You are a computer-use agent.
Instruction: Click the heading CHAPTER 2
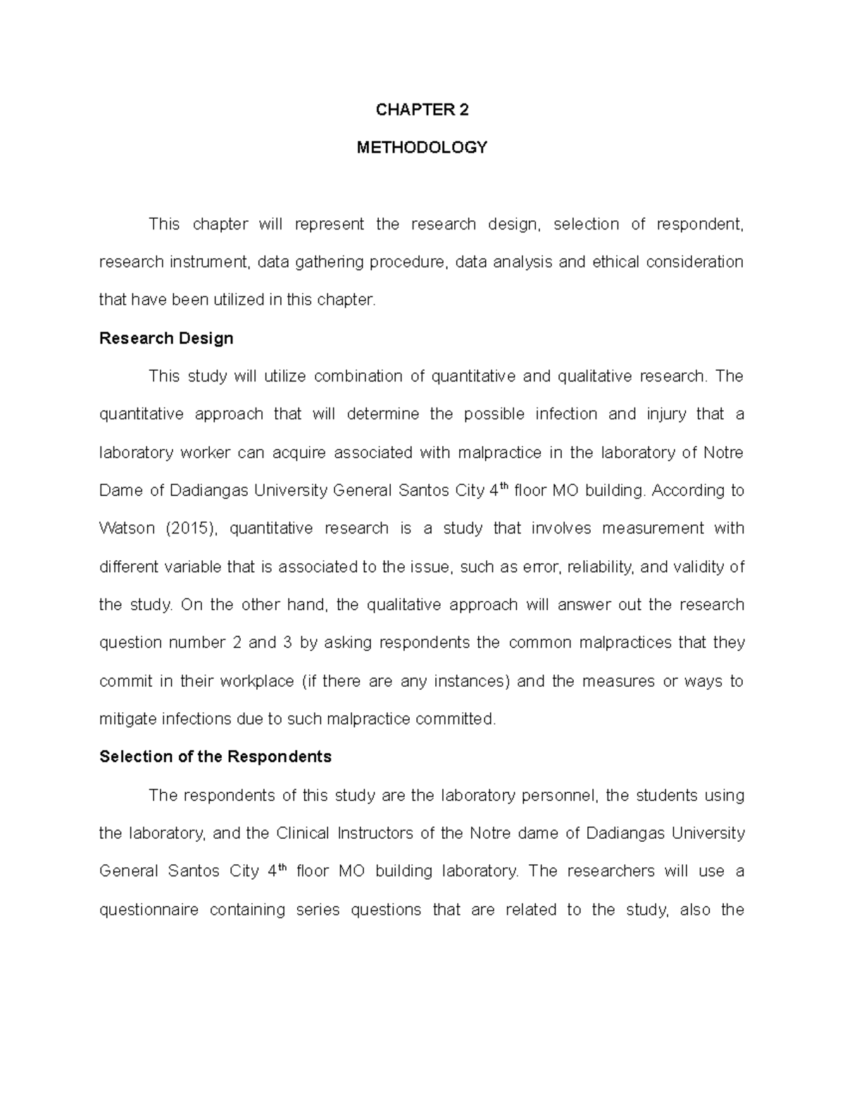point(422,110)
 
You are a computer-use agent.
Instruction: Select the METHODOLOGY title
point(422,148)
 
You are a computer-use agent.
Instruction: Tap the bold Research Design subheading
point(166,339)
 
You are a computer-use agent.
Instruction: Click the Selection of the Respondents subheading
point(215,757)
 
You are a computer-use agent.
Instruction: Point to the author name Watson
point(127,529)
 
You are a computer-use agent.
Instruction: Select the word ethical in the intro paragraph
point(617,263)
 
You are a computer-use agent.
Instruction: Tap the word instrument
point(209,263)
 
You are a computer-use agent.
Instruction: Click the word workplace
point(257,681)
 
